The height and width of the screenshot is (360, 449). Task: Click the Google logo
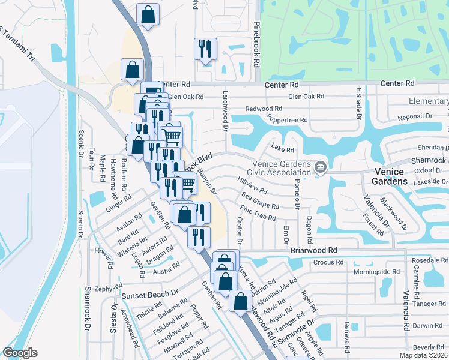click(x=20, y=352)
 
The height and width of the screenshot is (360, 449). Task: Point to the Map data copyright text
click(x=424, y=355)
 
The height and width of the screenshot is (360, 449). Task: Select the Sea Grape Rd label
click(x=260, y=201)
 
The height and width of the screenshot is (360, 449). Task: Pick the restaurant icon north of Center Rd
click(x=205, y=49)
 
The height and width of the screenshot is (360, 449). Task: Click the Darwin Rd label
click(x=427, y=326)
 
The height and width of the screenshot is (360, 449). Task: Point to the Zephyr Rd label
click(x=104, y=289)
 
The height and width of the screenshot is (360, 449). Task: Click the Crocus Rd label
click(x=328, y=262)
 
